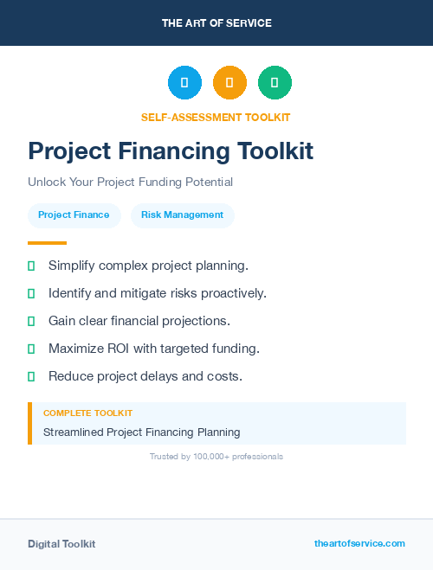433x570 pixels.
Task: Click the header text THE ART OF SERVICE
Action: (216, 23)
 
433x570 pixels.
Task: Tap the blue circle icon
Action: (184, 83)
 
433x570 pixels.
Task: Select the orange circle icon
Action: (229, 83)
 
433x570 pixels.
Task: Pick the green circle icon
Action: (275, 83)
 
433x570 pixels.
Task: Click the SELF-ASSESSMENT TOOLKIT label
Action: (216, 118)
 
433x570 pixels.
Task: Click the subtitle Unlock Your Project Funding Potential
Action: (130, 183)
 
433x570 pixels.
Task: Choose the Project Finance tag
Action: (74, 215)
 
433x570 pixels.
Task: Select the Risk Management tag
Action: (182, 215)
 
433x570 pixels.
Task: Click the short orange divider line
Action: (47, 243)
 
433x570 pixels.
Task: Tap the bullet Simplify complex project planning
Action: (148, 266)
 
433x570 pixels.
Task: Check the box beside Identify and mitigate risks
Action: (31, 293)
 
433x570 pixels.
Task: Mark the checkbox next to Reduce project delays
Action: (31, 376)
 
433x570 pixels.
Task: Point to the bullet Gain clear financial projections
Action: (139, 321)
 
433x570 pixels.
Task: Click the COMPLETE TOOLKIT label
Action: (87, 413)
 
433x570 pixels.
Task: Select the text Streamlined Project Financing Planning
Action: (141, 432)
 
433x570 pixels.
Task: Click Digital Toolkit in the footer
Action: (61, 544)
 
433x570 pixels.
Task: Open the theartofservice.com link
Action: (359, 543)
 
